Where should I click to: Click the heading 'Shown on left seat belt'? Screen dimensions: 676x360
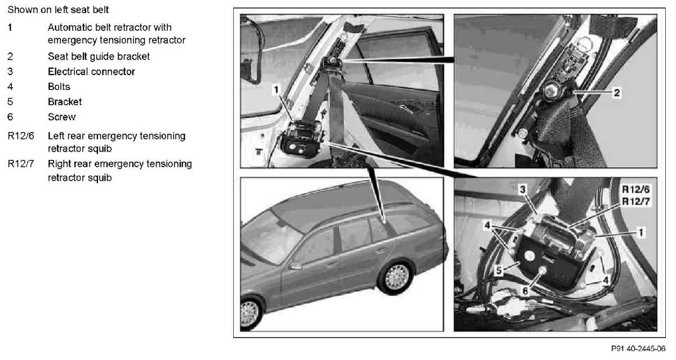[58, 10]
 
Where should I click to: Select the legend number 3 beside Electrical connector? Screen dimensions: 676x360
[10, 72]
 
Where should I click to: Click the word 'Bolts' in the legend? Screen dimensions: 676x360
[59, 87]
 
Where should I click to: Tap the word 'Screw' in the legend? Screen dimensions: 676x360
[61, 117]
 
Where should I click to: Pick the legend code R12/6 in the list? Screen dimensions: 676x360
[21, 136]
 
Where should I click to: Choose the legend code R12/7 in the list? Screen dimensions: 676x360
[21, 163]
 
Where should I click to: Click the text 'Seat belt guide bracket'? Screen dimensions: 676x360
[99, 56]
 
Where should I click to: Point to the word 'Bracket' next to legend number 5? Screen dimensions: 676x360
[65, 102]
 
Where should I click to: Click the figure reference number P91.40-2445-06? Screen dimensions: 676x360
[638, 349]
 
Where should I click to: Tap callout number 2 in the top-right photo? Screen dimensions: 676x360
[617, 92]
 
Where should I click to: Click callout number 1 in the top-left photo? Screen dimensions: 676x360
[276, 90]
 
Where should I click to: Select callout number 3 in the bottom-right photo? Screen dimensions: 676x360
[522, 189]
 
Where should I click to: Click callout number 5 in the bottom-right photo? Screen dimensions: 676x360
[499, 270]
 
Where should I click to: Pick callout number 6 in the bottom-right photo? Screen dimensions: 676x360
[525, 291]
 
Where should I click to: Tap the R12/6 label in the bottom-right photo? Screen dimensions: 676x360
[635, 189]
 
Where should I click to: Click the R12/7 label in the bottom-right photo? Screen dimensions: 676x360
[635, 201]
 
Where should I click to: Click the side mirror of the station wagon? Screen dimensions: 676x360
[295, 266]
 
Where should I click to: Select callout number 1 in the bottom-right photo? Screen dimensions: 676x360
[641, 233]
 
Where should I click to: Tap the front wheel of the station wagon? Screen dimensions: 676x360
[250, 314]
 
